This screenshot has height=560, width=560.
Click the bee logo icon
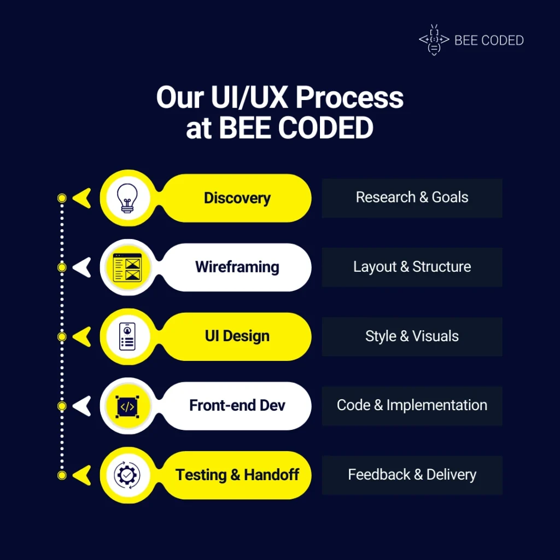coord(434,40)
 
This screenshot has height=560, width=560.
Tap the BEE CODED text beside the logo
coord(489,40)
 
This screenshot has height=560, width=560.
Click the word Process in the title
coord(349,97)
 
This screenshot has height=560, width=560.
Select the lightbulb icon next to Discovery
coord(127,198)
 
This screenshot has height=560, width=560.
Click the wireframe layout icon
coord(127,267)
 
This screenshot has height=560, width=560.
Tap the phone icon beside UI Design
coord(127,336)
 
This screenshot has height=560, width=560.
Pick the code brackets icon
coord(127,406)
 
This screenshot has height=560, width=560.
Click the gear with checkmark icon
coord(127,475)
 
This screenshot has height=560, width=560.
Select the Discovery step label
coord(237,198)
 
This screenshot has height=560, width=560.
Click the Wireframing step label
coord(237,267)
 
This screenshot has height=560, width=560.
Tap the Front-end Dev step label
coord(237,405)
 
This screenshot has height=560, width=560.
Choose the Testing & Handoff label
coord(237,475)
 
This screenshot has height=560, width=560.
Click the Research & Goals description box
coord(412,198)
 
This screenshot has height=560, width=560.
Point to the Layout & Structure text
coord(412,267)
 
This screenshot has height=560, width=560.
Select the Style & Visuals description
coord(412,336)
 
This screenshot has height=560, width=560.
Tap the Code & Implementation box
coord(412,406)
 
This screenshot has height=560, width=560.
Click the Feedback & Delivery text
coord(412,475)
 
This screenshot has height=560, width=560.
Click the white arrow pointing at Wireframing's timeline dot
coord(82,267)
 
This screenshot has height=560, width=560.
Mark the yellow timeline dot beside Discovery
coord(62,198)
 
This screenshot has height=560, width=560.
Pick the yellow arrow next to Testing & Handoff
coord(82,475)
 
